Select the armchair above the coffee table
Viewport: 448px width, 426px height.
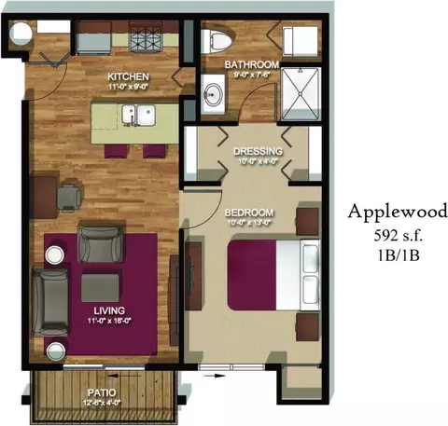click(x=100, y=244)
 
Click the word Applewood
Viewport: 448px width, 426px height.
click(x=391, y=210)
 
